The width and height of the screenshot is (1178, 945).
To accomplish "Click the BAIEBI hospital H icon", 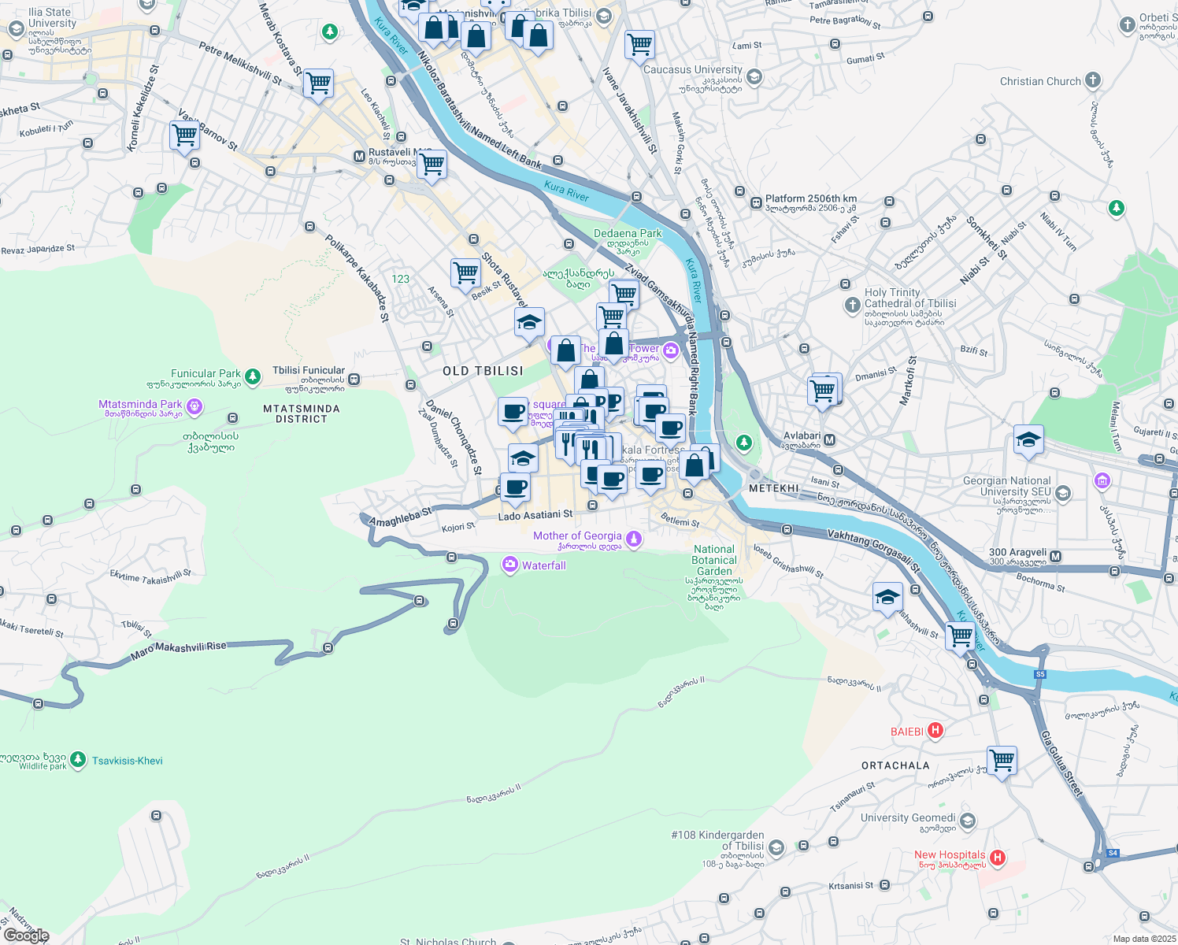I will pos(935,731).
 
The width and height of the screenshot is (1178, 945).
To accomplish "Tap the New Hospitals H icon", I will pos(997,858).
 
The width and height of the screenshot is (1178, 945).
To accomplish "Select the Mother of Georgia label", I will pos(577,536).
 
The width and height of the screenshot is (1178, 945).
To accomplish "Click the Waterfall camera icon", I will pos(510,565).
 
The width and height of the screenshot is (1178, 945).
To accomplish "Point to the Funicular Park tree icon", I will pos(253,377).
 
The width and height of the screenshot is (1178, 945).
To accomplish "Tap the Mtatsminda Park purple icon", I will pos(194,407).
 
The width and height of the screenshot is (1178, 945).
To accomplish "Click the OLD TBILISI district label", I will pos(483,371).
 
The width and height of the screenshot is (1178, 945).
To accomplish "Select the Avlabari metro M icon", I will pos(829,440).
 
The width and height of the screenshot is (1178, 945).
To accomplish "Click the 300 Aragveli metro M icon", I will pos(1056,557).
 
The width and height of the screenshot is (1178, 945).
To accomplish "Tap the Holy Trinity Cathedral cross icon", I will pos(852,305).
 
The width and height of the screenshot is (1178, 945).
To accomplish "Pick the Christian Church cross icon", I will pos(1092,80).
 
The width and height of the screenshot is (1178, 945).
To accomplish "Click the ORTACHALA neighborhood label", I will pos(895,765).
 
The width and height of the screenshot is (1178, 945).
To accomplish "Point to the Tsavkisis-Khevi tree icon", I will pos(77,760).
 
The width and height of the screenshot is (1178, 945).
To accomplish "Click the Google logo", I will pos(26,936).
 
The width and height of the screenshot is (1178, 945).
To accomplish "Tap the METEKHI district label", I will pos(774,488).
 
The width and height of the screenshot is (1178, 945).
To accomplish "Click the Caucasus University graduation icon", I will pos(754,76).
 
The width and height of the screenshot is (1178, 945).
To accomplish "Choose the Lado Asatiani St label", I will pos(535,515).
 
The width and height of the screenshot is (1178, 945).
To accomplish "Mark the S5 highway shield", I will pos(1040,674).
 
